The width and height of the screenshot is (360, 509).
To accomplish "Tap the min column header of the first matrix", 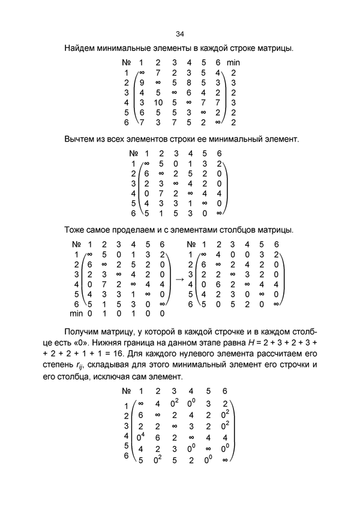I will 233,62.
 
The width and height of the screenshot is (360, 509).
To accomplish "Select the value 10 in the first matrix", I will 158,103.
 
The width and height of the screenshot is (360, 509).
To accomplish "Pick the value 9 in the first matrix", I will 142,82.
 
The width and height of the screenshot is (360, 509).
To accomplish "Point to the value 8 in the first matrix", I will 188,82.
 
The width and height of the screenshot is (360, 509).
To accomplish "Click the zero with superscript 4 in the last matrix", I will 142,438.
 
